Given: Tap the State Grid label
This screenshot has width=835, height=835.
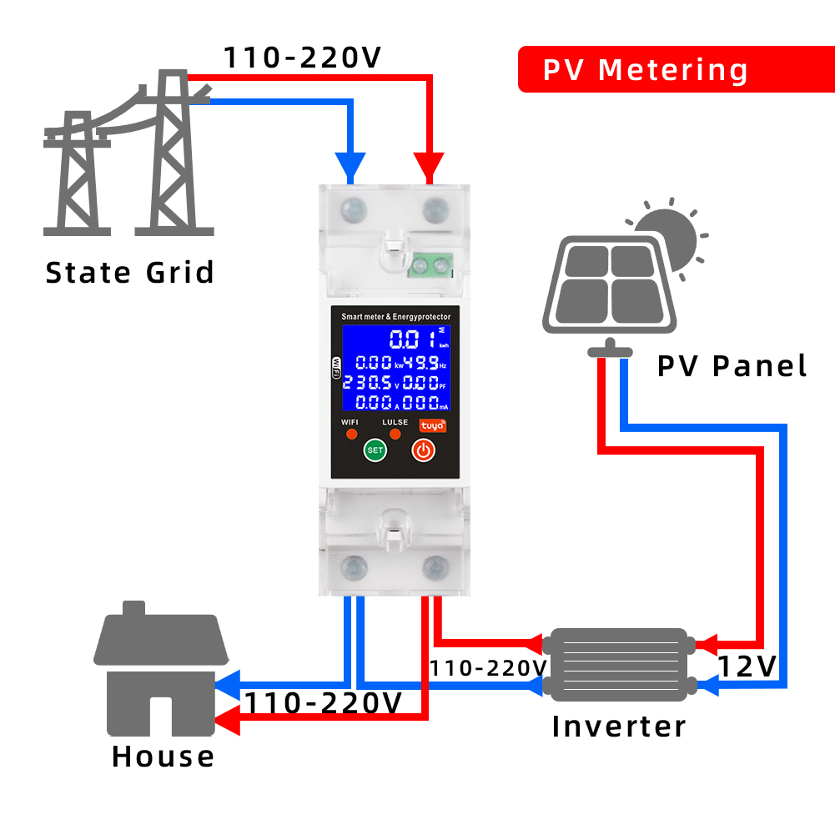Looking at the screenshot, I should point(129,273).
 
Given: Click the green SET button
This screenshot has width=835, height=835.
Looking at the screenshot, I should point(375,450).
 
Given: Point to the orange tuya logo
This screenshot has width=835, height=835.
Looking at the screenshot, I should point(431,425).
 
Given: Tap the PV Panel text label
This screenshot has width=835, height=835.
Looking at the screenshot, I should point(732,365).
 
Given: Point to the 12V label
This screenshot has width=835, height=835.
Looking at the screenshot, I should point(747,666).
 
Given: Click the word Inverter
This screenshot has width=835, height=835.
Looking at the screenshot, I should point(618,726).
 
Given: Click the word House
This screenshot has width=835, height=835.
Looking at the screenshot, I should point(163,757).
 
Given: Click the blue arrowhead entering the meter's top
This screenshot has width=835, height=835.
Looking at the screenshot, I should point(350,165).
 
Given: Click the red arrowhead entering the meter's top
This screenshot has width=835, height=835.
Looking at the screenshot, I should point(430,165).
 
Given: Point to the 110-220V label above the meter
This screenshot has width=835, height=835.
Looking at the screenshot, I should point(302,58).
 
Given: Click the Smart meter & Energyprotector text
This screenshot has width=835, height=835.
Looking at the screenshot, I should point(395,316).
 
